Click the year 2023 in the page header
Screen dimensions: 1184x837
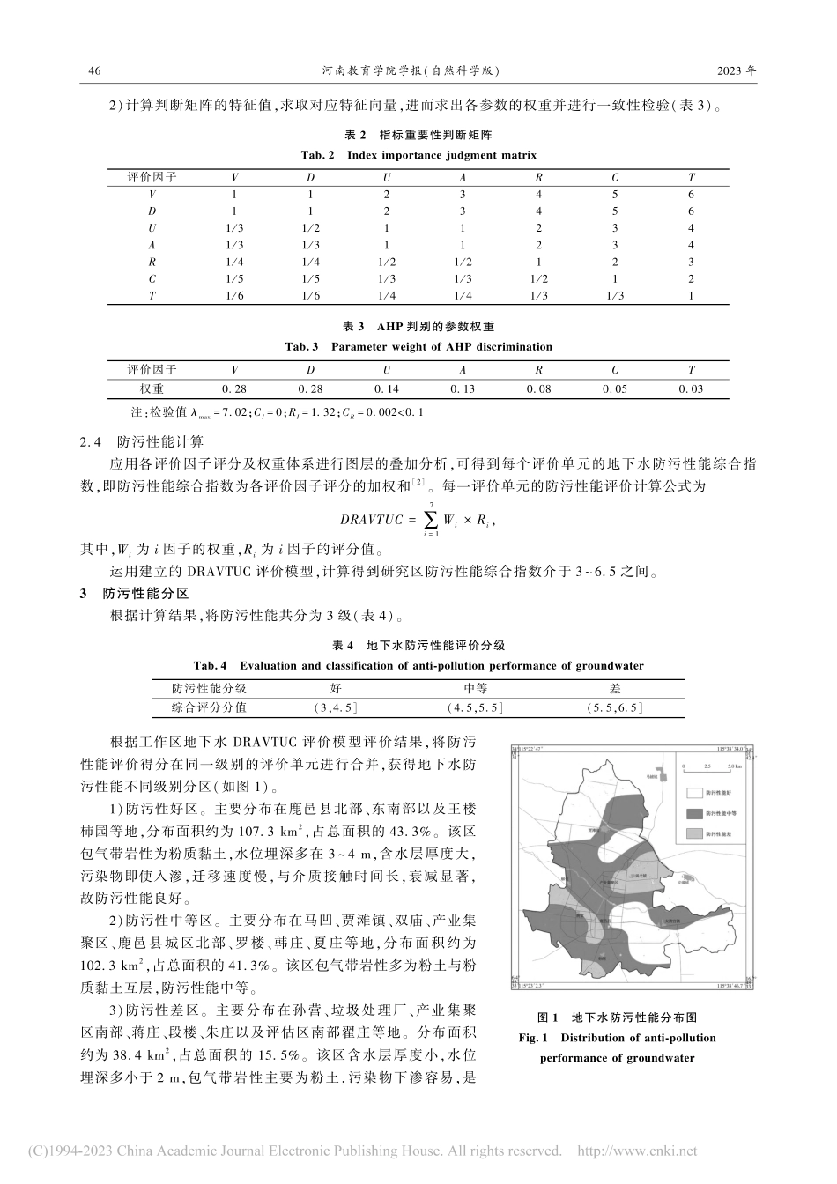pos(730,71)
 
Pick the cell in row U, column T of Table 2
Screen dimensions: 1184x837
pos(692,228)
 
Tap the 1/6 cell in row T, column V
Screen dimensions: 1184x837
pos(234,296)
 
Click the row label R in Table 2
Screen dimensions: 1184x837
pos(152,262)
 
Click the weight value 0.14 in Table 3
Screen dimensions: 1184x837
pos(387,388)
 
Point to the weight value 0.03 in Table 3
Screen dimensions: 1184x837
pos(692,388)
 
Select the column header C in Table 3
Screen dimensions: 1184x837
pos(615,371)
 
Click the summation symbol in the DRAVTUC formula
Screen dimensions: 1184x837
pos(432,520)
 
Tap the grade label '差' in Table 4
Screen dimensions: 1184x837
pos(615,689)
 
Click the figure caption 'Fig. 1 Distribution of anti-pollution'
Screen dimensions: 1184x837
pos(618,1038)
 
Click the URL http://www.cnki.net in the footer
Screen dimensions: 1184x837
pos(637,1151)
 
